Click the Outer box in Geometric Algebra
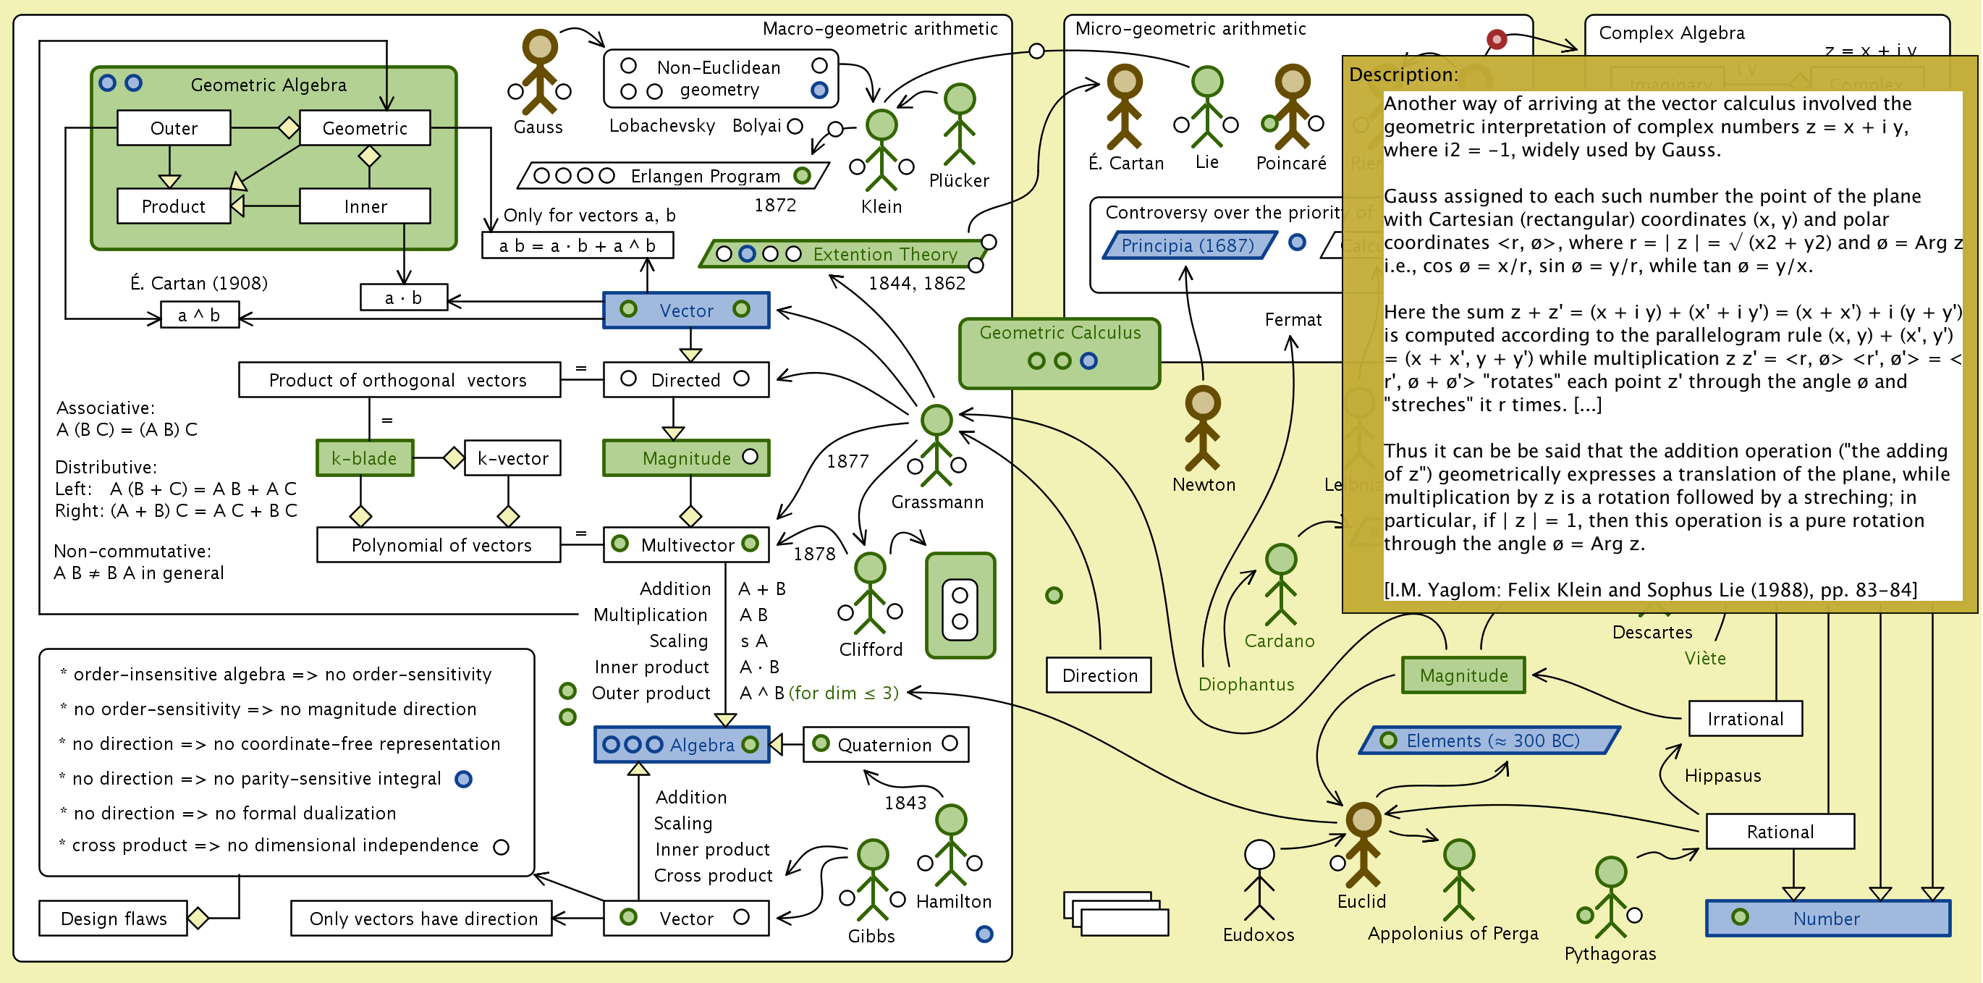point(174,128)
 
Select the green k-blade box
point(365,458)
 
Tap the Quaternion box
point(885,744)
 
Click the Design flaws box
point(113,919)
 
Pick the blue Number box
point(1827,919)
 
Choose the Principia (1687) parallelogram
point(1188,245)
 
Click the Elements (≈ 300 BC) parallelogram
point(1490,741)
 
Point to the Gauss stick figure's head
point(540,46)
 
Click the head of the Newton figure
point(1202,402)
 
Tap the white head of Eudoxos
point(1259,853)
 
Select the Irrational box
point(1745,719)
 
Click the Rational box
point(1780,832)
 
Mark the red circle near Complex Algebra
point(1496,38)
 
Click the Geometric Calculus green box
point(1060,353)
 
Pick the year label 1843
point(905,803)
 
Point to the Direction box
point(1099,675)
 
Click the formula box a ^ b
point(199,315)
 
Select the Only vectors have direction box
point(422,919)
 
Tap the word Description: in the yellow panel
point(1403,75)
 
